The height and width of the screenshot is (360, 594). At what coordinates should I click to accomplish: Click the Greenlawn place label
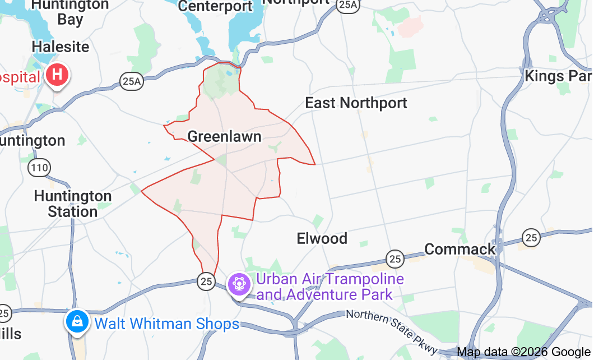pos(224,136)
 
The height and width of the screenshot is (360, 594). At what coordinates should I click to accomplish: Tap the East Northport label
pos(356,103)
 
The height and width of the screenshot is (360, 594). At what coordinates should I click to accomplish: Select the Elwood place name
pos(322,238)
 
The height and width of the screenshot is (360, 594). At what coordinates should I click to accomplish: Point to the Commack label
pos(460,249)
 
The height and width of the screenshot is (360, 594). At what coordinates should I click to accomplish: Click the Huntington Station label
pos(73,204)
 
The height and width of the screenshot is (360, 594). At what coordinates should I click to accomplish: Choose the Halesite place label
pos(61,47)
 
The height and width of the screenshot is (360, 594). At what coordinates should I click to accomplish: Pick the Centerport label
pos(215,6)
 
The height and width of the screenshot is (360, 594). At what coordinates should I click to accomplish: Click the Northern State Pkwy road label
pos(392,329)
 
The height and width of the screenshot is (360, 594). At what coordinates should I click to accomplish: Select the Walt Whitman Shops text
pos(166,324)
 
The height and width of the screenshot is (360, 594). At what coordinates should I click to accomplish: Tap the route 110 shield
pos(40,167)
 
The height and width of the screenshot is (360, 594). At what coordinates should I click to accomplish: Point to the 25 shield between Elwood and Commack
pos(395,259)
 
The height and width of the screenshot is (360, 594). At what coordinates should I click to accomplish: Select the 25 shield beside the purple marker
pos(206,281)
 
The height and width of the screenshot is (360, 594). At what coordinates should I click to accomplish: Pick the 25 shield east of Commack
pos(531,237)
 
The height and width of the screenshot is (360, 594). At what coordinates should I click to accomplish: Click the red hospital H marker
pos(57,75)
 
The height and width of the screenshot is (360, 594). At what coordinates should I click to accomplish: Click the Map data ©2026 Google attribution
pos(524,352)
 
